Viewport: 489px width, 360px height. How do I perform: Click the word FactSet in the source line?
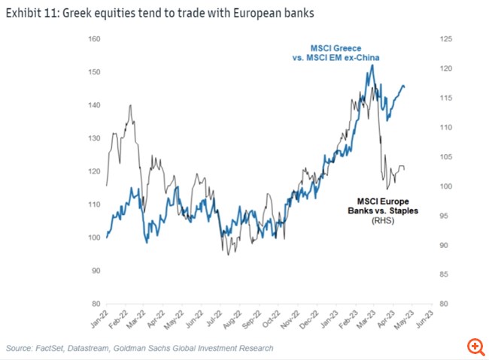(54, 348)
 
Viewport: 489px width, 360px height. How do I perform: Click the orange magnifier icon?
(475, 346)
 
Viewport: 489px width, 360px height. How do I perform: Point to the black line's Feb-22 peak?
(131, 105)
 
